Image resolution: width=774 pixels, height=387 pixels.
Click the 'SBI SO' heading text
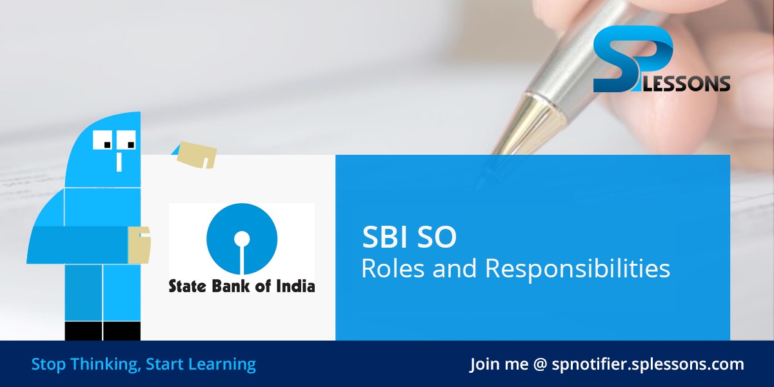click(409, 238)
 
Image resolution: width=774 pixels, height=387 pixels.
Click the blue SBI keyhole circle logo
click(242, 239)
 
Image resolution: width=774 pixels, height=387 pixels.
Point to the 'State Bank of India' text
click(242, 285)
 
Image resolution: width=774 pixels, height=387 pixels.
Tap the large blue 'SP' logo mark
click(629, 61)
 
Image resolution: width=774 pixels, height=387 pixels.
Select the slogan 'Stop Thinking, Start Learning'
click(143, 364)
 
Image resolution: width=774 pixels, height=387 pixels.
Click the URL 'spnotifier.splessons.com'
click(648, 364)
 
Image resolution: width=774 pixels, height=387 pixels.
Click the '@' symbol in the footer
click(540, 364)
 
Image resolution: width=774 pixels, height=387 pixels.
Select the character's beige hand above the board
click(197, 154)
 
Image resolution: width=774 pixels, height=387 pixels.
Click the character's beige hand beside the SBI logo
click(139, 244)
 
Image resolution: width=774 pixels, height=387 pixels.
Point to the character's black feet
click(103, 331)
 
